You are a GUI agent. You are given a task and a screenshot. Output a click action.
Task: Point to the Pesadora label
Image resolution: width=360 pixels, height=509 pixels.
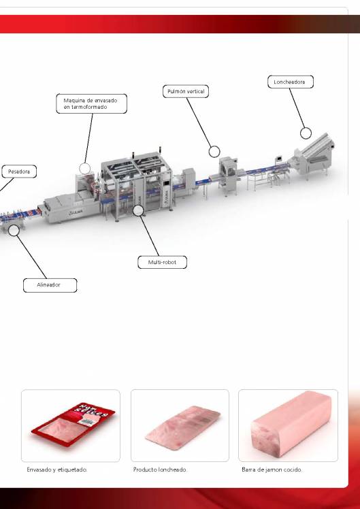tap(18, 171)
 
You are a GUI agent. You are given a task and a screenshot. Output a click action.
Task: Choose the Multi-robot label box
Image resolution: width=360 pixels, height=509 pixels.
tap(161, 261)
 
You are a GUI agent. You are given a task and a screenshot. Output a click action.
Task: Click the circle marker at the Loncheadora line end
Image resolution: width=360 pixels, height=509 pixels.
tap(306, 133)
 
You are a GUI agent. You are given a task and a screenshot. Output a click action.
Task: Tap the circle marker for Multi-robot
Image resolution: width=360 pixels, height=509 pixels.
tap(138, 211)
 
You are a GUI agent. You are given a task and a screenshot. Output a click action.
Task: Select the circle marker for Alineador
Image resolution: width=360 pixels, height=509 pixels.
tap(14, 230)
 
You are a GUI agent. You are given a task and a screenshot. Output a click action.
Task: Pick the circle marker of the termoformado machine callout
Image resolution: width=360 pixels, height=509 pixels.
tap(84, 167)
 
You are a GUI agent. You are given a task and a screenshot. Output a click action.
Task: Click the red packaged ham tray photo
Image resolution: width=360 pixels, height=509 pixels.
tap(70, 426)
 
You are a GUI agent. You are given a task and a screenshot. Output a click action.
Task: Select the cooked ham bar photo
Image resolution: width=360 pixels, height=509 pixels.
tap(287, 426)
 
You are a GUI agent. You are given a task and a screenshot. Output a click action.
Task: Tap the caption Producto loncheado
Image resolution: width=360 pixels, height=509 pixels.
tap(160, 470)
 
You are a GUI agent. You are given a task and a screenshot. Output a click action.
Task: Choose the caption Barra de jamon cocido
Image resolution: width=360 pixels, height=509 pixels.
tap(272, 470)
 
